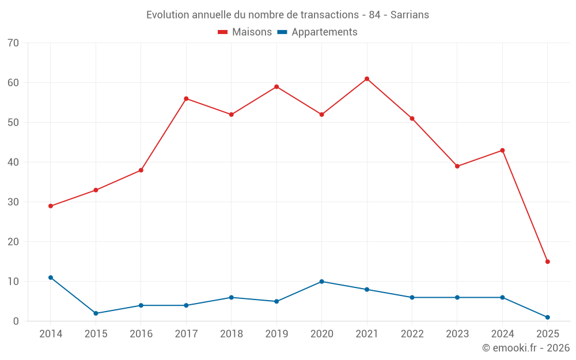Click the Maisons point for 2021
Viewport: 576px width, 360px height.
[x=367, y=79]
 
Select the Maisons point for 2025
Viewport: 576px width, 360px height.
[x=547, y=262]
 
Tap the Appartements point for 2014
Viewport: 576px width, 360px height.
[x=51, y=278]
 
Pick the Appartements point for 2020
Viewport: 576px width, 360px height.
[x=321, y=282]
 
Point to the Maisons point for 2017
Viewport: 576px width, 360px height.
[x=186, y=98]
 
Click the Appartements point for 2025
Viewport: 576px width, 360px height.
[x=547, y=317]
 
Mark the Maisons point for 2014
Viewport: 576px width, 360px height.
[x=51, y=206]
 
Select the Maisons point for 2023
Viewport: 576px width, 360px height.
[x=457, y=166]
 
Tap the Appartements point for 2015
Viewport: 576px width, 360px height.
[x=96, y=313]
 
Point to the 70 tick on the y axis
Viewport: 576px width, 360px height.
[x=13, y=43]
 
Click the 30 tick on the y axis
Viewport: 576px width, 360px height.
[x=13, y=202]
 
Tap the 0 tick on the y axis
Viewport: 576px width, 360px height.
[x=16, y=321]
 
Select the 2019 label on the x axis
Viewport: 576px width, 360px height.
[x=276, y=334]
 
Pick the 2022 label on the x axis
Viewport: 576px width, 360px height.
[x=412, y=334]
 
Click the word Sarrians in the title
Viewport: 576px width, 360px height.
[x=410, y=15]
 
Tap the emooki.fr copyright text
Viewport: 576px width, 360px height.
[x=525, y=348]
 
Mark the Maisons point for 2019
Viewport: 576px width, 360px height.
[x=276, y=87]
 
